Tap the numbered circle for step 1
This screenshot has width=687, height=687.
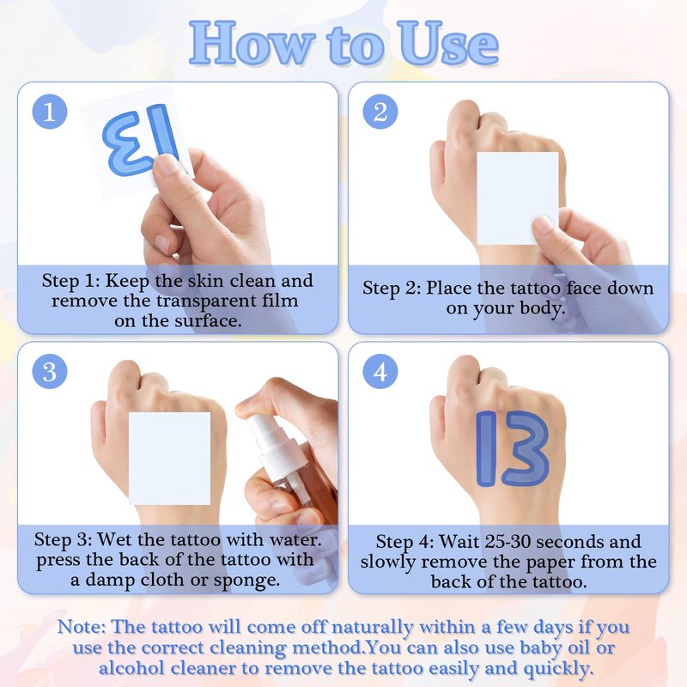50,112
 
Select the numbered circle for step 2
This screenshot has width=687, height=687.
380,112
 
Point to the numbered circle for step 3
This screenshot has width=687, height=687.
50,372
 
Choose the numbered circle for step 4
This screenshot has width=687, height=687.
380,372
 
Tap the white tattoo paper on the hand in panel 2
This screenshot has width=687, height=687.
518,198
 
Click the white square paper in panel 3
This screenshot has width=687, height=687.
169,459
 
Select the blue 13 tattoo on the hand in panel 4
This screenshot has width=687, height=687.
512,448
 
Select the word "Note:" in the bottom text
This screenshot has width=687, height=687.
81,627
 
